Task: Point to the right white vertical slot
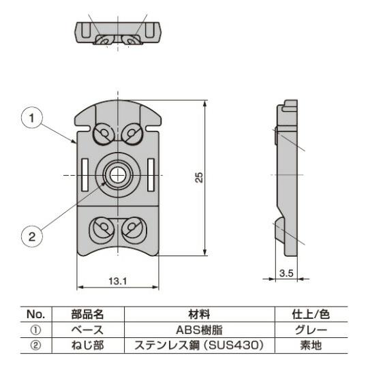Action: click(x=151, y=175)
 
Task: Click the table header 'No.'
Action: click(x=35, y=314)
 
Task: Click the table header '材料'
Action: click(x=200, y=314)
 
